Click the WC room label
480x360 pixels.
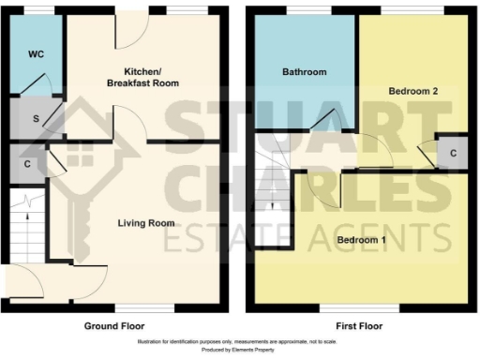pos(37,54)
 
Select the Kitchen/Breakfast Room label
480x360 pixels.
pos(152,77)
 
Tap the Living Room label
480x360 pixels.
pos(146,223)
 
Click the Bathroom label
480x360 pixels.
pos(305,72)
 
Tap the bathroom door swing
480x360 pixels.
pos(329,122)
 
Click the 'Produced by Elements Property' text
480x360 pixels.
pos(239,351)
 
